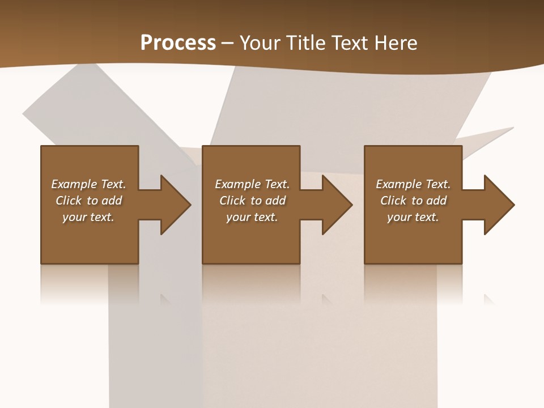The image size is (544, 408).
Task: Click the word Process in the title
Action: point(178,43)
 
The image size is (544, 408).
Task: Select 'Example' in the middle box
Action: point(237,184)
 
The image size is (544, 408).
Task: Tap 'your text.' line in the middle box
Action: point(252,217)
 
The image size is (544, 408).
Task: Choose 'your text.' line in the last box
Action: point(413,217)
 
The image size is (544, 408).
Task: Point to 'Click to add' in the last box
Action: point(414,201)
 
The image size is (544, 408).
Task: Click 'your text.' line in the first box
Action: point(88,217)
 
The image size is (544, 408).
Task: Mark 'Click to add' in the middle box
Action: point(252,201)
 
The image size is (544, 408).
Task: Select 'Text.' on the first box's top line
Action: point(113,184)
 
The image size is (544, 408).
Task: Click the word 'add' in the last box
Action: point(436,201)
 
